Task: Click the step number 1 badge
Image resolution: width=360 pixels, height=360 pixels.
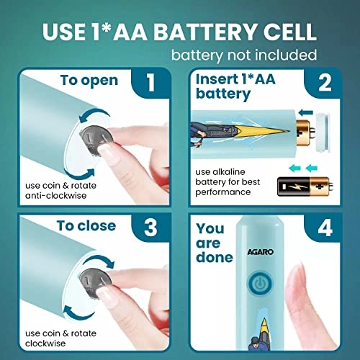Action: (x=150, y=83)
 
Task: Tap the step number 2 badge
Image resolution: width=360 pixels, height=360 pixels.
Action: (x=324, y=83)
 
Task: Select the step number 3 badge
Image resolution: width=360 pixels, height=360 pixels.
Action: (x=150, y=228)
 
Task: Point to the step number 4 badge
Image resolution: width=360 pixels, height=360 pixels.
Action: (x=325, y=228)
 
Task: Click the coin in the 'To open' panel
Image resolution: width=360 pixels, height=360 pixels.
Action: (x=96, y=141)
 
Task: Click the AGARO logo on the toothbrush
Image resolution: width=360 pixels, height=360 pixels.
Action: (x=261, y=252)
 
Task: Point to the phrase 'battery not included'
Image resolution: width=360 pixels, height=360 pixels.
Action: (x=244, y=55)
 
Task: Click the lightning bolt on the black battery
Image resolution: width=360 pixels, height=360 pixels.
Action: (x=294, y=186)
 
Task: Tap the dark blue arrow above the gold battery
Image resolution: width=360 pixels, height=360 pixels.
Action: (x=306, y=112)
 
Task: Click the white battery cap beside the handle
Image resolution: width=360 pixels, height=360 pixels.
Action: (x=323, y=132)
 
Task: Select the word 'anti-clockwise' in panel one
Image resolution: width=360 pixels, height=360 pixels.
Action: (x=55, y=196)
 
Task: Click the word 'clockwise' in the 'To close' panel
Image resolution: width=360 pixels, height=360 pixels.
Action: (x=45, y=343)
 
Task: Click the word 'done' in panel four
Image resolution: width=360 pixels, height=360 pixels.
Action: (x=215, y=257)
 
